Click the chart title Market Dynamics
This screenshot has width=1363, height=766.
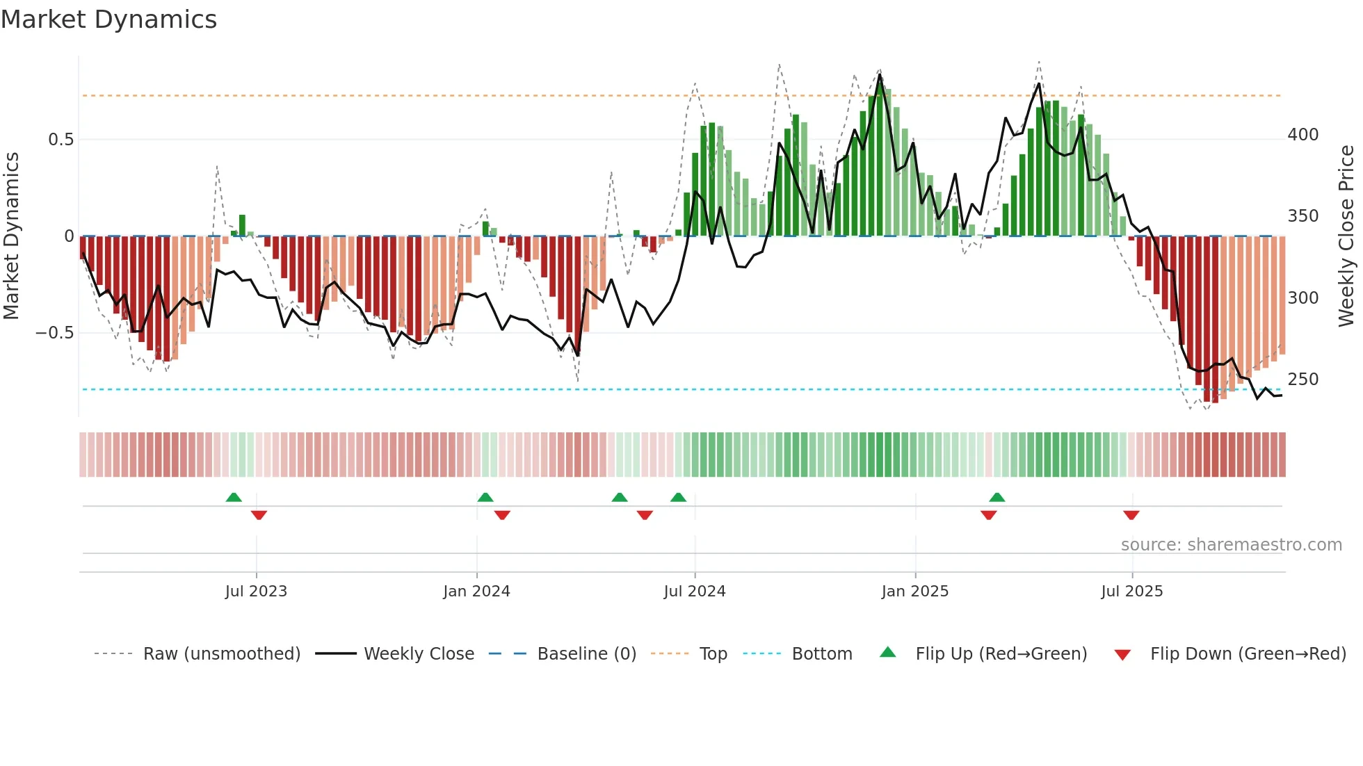108,19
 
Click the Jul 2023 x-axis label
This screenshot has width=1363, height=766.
256,592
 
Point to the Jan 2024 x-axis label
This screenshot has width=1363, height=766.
476,592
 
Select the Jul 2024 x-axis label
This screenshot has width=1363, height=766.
694,592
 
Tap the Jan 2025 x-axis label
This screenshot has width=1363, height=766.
914,592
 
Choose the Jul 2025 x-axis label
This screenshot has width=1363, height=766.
1131,592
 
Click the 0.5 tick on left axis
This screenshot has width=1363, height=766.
61,140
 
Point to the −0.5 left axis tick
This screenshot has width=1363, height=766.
54,333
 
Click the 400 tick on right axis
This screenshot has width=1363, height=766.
1302,135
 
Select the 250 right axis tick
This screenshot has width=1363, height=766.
1302,380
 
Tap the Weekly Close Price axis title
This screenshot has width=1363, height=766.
1346,236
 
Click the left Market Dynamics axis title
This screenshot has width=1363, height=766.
12,236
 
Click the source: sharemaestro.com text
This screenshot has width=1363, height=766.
1231,545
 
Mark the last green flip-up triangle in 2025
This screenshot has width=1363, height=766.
997,498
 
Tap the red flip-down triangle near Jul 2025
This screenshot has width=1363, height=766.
1131,515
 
